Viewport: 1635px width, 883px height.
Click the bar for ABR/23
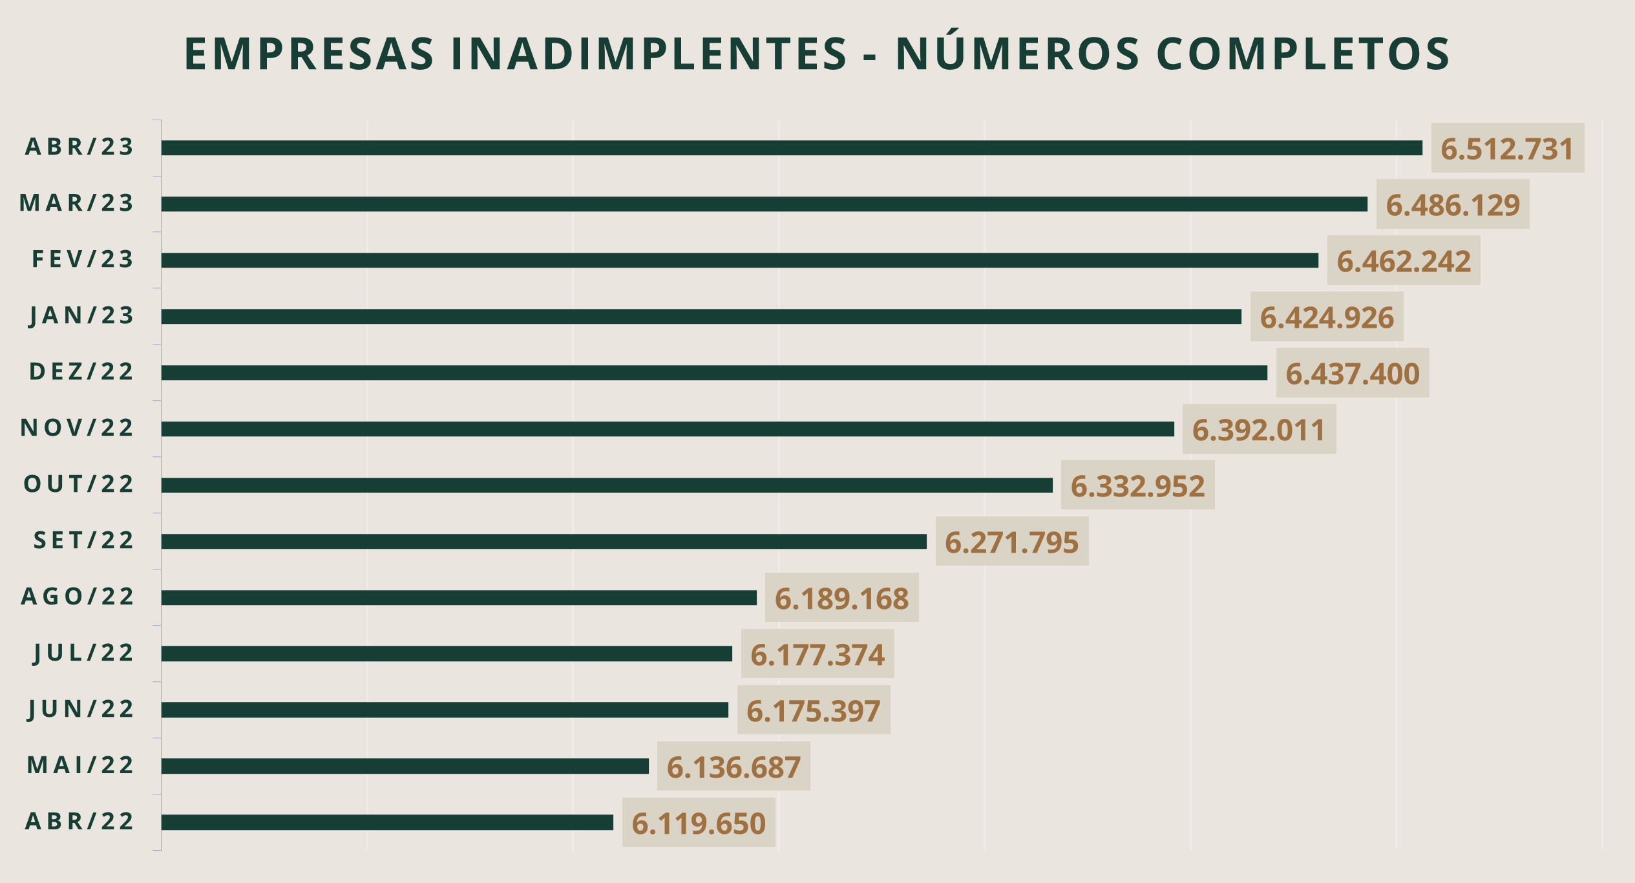792,148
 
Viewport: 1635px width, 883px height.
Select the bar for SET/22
543,542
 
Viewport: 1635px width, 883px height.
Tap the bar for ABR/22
387,822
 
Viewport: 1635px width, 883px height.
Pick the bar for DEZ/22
714,373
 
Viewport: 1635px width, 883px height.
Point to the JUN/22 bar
445,710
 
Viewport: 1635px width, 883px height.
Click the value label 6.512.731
1507,149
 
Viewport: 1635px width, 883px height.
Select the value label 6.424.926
1327,318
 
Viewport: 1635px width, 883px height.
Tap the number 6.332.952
1137,486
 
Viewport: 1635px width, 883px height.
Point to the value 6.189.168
841,599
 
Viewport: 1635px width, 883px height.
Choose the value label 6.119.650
698,824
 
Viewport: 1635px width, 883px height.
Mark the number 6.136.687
733,767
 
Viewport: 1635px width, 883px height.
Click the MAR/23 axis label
77,203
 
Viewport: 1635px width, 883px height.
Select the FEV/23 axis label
83,259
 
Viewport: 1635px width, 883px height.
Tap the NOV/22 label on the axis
77,428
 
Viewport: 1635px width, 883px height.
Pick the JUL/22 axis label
84,653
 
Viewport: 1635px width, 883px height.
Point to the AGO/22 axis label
78,597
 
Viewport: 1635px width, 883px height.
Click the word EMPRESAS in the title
310,54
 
